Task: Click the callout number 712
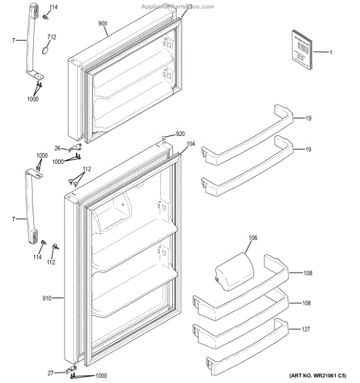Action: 51,37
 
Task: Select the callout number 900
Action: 103,23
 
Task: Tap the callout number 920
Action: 180,134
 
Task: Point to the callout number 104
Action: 191,146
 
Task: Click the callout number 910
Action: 49,297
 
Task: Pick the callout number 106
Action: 253,238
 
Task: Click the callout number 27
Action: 50,373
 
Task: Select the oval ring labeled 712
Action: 43,50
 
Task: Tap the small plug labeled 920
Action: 165,136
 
